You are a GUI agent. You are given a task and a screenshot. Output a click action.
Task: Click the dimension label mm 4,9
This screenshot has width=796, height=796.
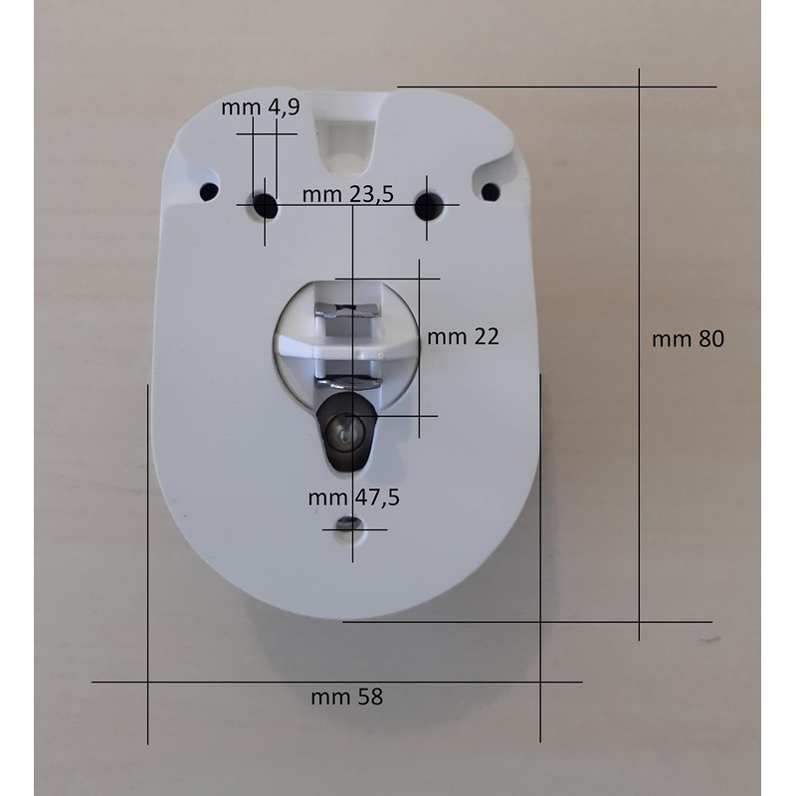(x=261, y=107)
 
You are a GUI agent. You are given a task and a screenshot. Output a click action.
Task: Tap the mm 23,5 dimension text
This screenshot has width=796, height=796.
(x=347, y=194)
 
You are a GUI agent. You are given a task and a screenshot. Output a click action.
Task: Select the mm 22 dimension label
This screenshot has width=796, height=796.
(x=463, y=336)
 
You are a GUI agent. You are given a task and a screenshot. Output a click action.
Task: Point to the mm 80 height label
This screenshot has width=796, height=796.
(x=688, y=339)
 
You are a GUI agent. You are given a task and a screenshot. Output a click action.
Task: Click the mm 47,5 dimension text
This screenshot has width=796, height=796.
(x=354, y=497)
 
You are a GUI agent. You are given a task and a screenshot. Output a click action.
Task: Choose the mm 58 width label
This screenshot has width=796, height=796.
(x=346, y=697)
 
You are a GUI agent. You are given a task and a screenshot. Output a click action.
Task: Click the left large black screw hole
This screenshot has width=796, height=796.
(x=265, y=205)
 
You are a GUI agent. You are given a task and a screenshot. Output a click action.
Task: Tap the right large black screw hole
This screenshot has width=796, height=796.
(x=429, y=205)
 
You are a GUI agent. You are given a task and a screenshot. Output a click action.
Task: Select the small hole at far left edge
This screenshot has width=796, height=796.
(x=209, y=191)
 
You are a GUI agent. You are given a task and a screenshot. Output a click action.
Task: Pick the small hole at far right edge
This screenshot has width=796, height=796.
(x=491, y=191)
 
